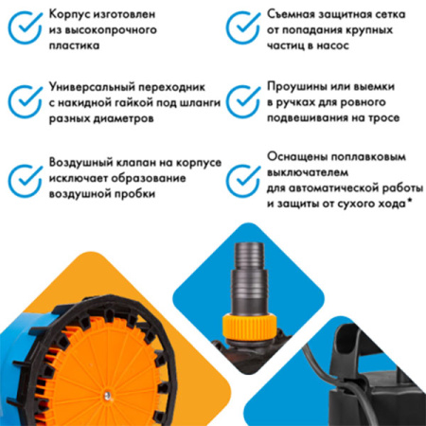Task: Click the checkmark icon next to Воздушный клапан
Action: (22, 178)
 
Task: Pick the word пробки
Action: (132, 194)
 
